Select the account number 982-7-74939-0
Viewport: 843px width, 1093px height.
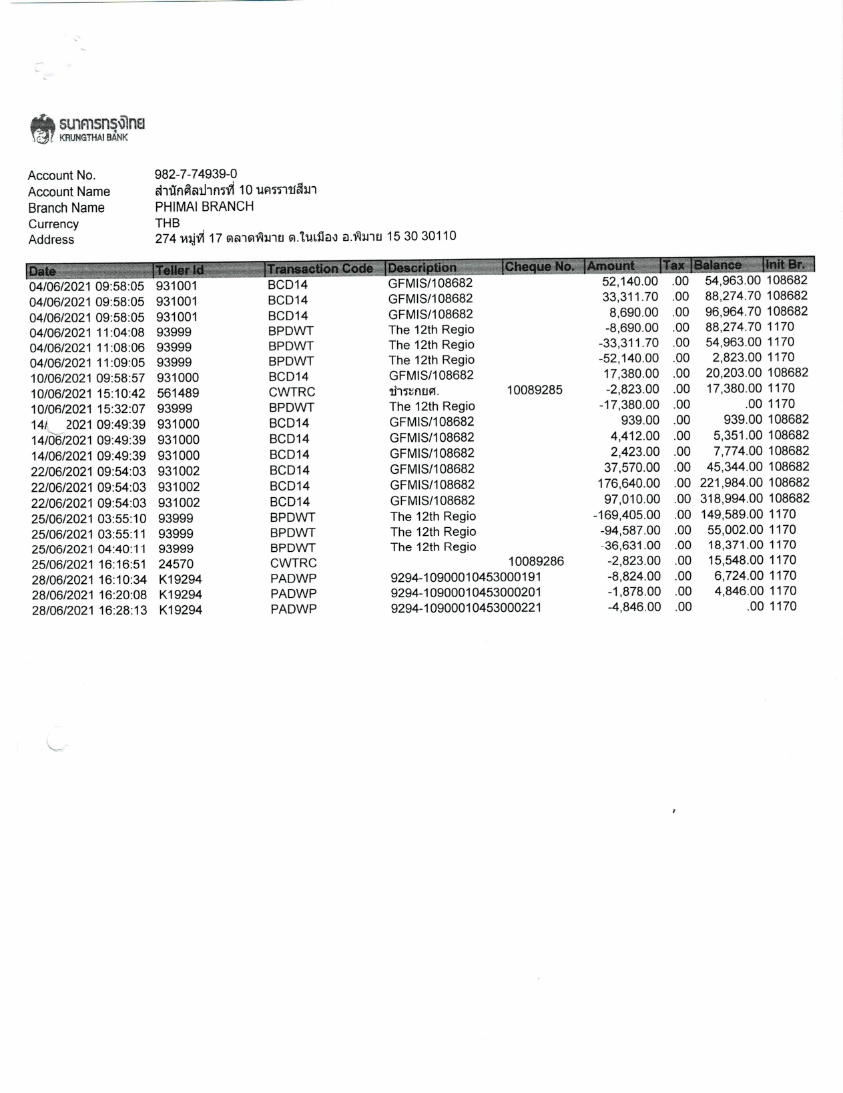coord(196,174)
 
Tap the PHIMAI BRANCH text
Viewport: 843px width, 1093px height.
coord(204,207)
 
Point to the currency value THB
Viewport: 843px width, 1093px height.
coord(168,223)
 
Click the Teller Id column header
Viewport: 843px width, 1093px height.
coord(179,270)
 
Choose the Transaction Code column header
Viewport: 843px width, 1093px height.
coord(320,269)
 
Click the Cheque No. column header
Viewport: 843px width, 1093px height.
coord(539,267)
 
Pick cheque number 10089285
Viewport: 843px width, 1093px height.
coord(535,390)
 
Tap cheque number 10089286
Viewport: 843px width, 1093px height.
coord(536,562)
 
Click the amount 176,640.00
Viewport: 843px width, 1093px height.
coord(629,483)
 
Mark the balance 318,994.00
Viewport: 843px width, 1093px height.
coord(732,498)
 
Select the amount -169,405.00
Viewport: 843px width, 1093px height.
coord(627,514)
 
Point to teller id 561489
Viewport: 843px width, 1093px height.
coord(178,394)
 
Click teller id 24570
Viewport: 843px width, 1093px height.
coord(176,564)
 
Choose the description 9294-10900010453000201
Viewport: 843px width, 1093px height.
coord(466,593)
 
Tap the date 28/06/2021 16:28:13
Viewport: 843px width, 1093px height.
coord(89,611)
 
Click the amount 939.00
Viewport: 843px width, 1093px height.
coord(640,420)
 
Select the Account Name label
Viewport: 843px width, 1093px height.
coord(69,192)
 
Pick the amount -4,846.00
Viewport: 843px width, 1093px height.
coord(634,607)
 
